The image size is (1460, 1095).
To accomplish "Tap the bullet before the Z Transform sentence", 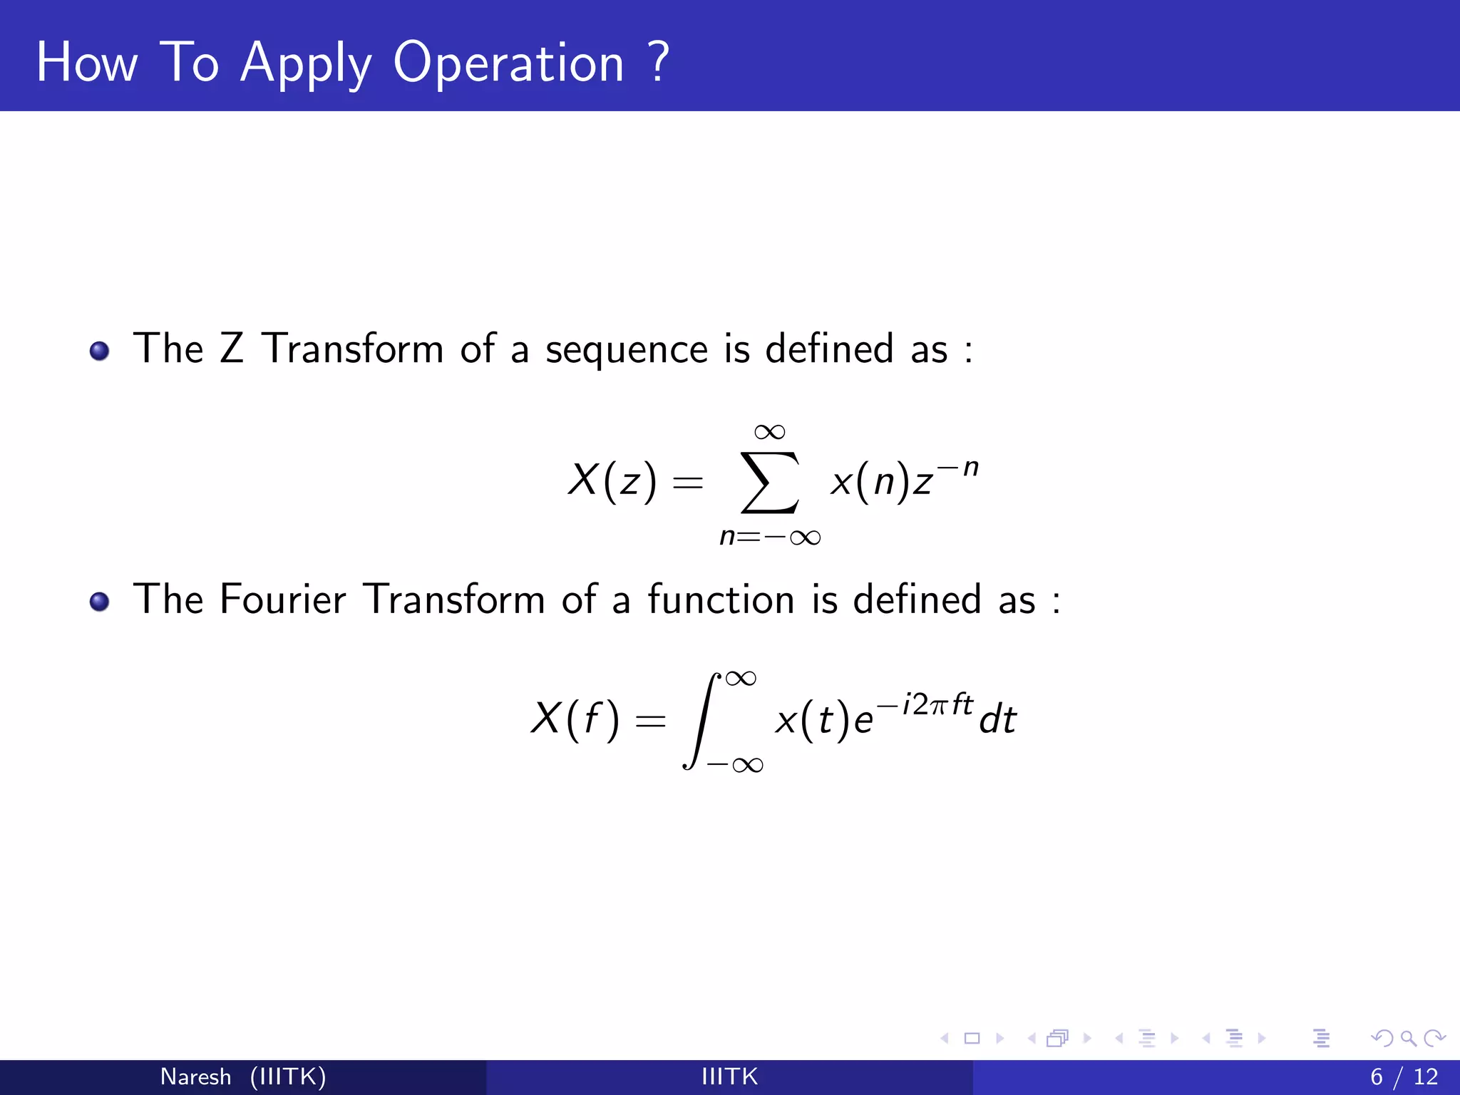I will (x=100, y=351).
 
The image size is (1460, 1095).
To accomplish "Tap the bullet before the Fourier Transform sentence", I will (x=100, y=602).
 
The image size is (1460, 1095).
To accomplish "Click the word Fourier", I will (x=283, y=599).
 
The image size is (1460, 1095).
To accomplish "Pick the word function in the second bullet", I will (x=721, y=599).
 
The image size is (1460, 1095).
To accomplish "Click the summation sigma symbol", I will (x=769, y=482).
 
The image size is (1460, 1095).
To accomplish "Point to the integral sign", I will (x=701, y=720).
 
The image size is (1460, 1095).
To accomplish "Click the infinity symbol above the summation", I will (x=769, y=432).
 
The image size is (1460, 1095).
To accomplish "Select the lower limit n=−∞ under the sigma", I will (x=770, y=536).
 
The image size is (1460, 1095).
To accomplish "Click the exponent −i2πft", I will (x=925, y=704).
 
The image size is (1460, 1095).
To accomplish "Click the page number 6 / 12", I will (x=1404, y=1076).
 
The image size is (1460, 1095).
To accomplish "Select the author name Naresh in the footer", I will (x=195, y=1076).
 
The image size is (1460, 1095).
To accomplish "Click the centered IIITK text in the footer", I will (x=729, y=1076).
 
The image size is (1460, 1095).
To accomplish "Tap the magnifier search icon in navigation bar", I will (x=1408, y=1038).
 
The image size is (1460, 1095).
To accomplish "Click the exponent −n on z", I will (x=958, y=468).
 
